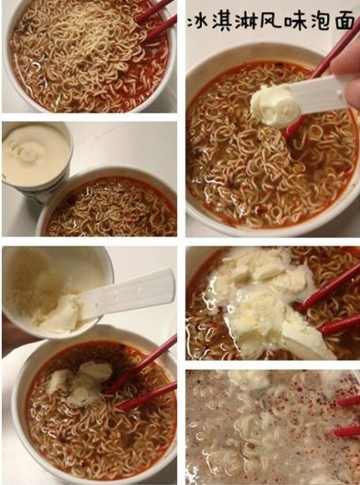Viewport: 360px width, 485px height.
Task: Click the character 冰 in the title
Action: click(197, 21)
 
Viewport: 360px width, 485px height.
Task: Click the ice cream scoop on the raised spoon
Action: click(275, 105)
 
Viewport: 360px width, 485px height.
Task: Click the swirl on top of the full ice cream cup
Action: click(27, 151)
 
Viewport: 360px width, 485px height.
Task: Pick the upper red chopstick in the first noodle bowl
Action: click(154, 11)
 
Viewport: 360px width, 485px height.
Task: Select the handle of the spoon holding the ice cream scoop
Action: click(322, 93)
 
